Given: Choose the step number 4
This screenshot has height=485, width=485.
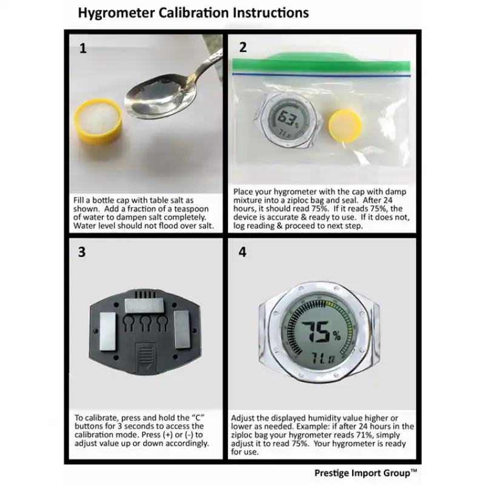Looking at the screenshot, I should tap(242, 253).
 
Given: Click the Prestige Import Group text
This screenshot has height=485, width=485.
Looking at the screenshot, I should tap(366, 472).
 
